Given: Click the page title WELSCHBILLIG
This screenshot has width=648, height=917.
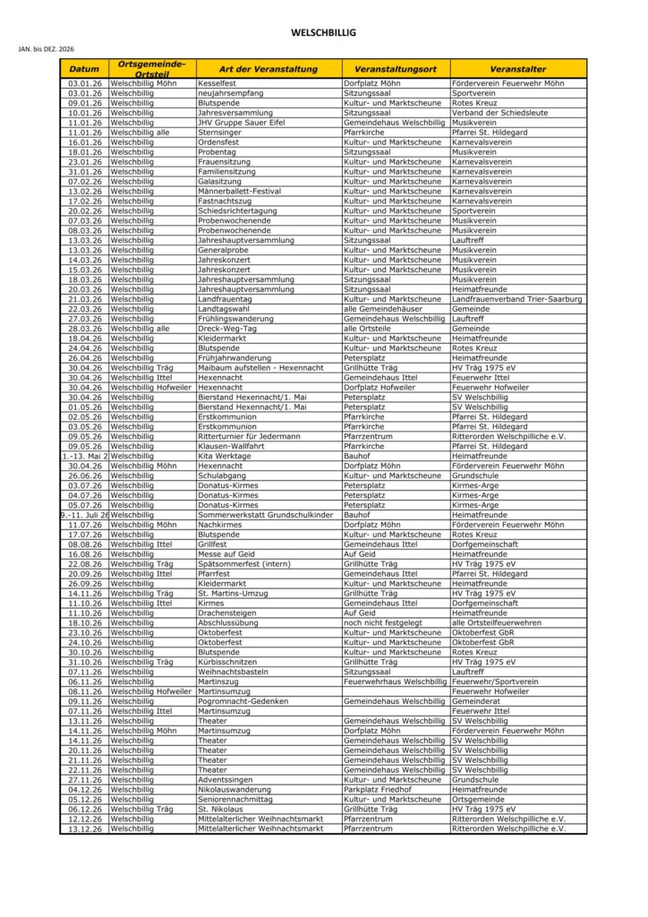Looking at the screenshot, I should point(323,33).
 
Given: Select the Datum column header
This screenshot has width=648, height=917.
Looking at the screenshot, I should point(84,69).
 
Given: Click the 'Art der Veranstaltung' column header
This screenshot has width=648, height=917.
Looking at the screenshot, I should point(269,69).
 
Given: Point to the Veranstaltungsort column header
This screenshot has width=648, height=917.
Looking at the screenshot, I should point(395,69).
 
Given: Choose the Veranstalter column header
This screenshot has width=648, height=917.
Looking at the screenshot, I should point(518,69).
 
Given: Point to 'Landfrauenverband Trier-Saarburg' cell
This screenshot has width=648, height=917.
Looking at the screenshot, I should point(517,299).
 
